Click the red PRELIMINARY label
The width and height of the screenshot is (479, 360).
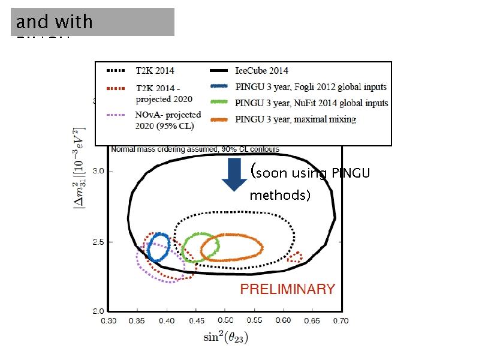(x=287, y=289)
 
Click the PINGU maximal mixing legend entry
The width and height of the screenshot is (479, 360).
(x=296, y=119)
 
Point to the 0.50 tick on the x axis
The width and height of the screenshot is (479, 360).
(x=225, y=321)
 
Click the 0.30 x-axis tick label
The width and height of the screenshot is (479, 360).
(x=108, y=321)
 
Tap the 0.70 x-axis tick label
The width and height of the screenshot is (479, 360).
(x=341, y=321)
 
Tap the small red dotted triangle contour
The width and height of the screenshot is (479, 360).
(x=294, y=257)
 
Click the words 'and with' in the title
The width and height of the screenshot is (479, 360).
(x=54, y=22)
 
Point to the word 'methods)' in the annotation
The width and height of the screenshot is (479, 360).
(x=279, y=196)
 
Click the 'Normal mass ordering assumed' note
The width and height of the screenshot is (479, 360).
(x=194, y=149)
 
